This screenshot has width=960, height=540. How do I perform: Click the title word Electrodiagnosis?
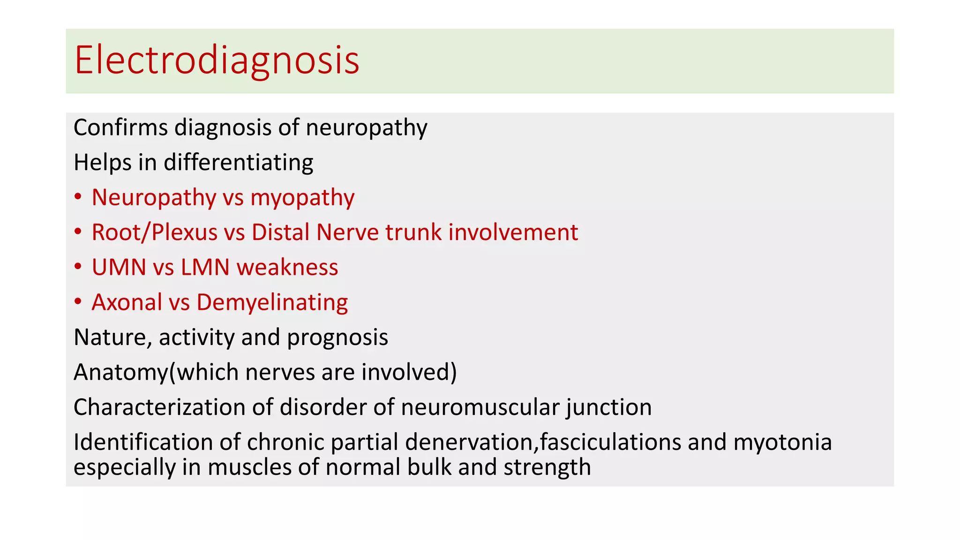[217, 60]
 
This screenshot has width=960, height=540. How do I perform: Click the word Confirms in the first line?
[120, 127]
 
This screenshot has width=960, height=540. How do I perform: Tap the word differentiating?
[238, 163]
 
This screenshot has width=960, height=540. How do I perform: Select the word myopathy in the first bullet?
[302, 198]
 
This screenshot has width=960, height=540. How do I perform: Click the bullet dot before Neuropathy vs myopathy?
[78, 197]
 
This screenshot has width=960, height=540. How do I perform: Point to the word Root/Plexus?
[155, 232]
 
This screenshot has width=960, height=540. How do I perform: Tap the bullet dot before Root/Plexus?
[78, 232]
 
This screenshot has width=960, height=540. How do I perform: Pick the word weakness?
[287, 267]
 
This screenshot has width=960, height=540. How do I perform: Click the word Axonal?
[127, 302]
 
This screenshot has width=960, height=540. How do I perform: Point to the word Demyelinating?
[272, 303]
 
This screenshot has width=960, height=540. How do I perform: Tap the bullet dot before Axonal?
[78, 302]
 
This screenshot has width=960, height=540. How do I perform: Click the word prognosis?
[337, 338]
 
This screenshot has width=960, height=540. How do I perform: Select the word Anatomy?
[120, 373]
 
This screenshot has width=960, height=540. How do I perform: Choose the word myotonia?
[782, 442]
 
